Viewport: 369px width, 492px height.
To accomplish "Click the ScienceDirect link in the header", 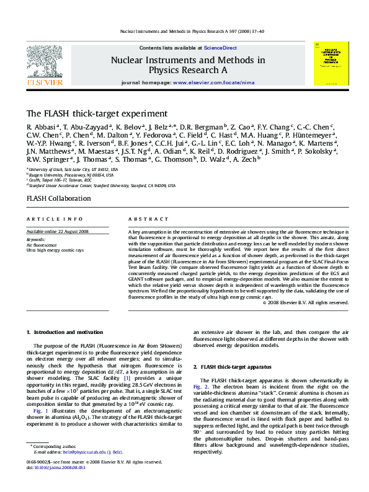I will click(x=220, y=48).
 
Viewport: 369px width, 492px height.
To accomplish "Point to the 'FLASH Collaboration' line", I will click(x=58, y=198).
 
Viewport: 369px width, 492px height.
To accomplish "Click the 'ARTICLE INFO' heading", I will click(x=54, y=219).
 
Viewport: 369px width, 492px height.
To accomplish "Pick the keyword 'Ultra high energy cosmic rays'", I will click(x=54, y=249).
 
